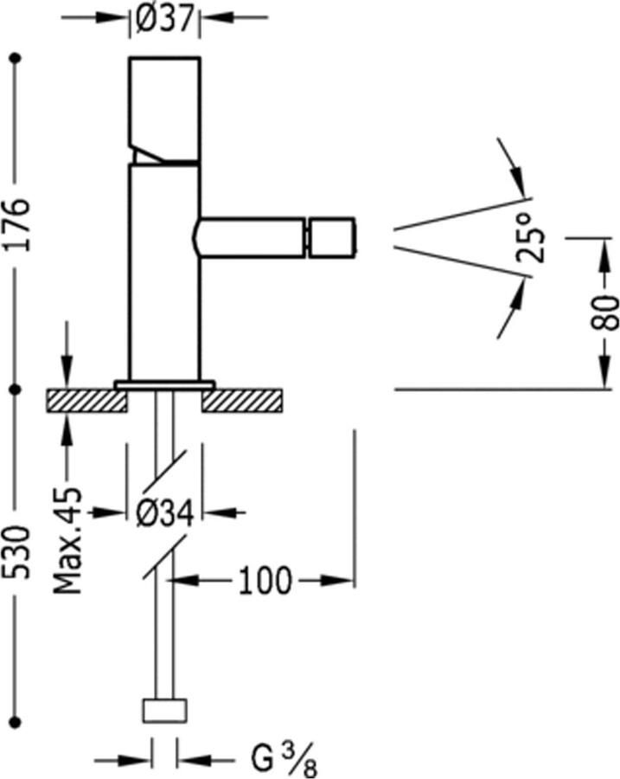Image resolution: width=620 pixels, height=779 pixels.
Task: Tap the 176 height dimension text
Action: [x=16, y=222]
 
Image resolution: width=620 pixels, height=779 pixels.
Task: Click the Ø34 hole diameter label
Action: [x=164, y=512]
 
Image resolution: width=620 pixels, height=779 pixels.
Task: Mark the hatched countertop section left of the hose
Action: [x=86, y=400]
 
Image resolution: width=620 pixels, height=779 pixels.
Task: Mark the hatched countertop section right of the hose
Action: [x=243, y=400]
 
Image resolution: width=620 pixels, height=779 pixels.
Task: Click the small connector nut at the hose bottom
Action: [x=164, y=710]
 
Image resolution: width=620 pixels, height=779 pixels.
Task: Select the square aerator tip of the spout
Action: [x=331, y=237]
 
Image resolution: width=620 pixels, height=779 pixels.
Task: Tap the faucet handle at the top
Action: [x=164, y=108]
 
